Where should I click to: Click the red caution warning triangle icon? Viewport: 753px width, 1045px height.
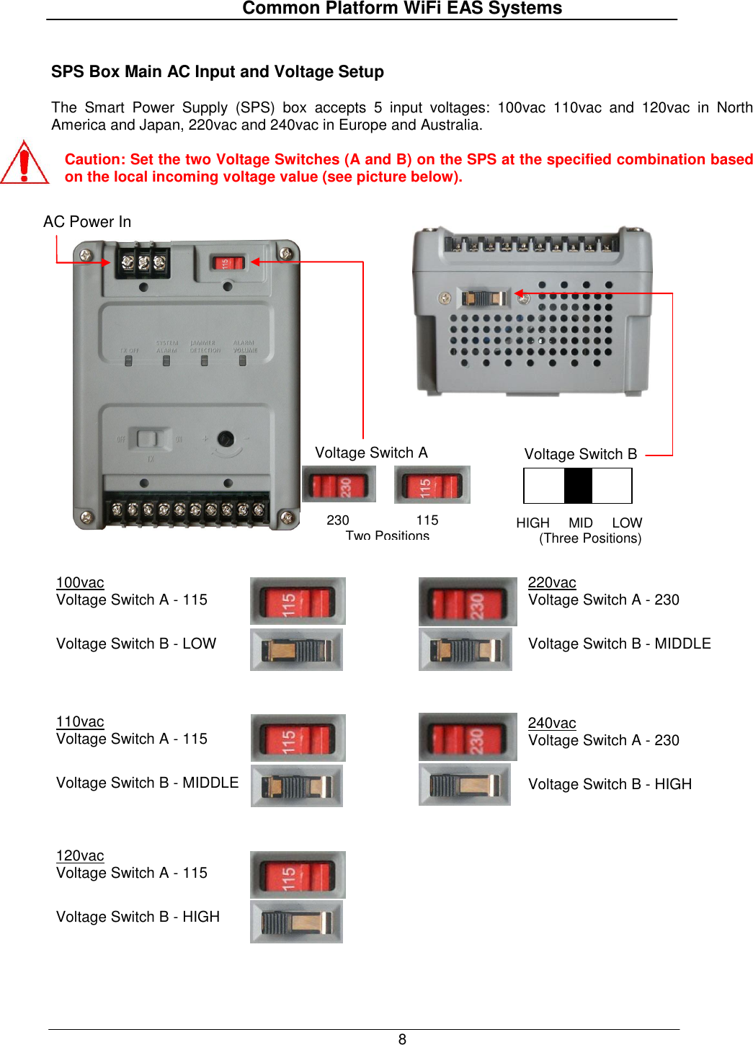click(24, 163)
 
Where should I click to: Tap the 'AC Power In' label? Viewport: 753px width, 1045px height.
click(87, 222)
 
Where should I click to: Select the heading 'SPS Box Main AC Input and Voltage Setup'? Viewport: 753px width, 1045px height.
click(217, 72)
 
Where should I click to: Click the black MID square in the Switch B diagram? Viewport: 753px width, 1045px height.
click(578, 486)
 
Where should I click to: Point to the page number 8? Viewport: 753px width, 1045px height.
click(402, 1039)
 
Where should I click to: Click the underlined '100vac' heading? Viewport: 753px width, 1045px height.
click(80, 582)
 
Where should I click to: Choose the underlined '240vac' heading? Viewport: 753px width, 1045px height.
click(552, 723)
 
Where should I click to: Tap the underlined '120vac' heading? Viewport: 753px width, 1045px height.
click(80, 855)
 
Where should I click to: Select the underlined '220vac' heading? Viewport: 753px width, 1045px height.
click(552, 582)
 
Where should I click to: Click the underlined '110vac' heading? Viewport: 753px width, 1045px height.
click(80, 721)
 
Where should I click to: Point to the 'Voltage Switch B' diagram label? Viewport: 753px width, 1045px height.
click(581, 454)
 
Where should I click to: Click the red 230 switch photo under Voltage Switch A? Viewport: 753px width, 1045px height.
click(339, 484)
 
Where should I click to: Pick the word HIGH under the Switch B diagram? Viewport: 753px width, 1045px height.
click(533, 523)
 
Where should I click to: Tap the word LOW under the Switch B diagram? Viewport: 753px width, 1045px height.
click(627, 523)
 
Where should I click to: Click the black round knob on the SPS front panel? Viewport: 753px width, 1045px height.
click(226, 438)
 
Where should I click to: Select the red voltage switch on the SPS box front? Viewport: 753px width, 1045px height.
click(228, 262)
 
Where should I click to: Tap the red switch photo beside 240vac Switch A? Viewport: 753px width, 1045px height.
click(468, 737)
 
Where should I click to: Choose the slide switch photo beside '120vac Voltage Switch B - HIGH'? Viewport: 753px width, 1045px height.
click(297, 922)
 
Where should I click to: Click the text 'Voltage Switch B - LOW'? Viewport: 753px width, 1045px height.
click(136, 644)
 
